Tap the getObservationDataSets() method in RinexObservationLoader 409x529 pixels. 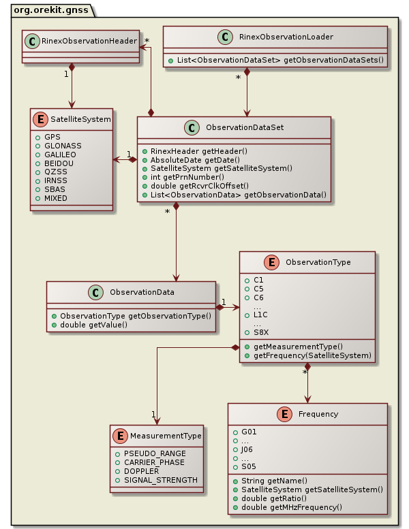279,60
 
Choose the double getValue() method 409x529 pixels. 93,325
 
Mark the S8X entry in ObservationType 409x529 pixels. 262,332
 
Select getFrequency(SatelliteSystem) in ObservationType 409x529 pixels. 312,355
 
